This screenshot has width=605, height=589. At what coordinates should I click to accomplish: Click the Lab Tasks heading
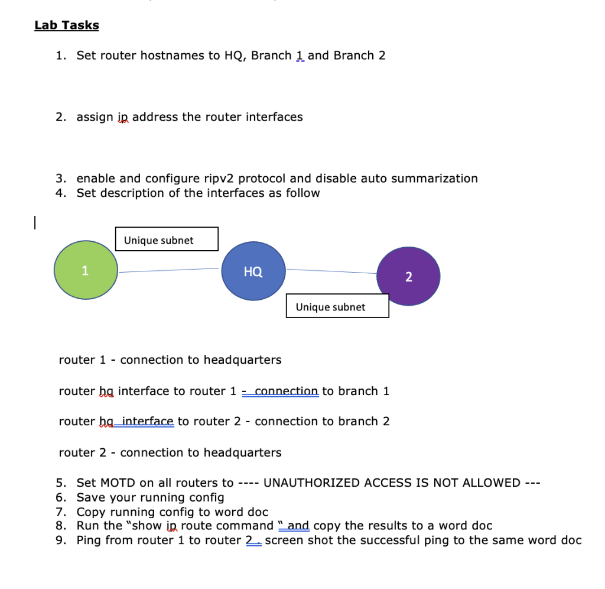pos(67,25)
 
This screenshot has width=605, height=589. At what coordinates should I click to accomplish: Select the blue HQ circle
pos(253,272)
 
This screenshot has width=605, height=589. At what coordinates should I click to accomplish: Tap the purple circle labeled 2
pos(408,277)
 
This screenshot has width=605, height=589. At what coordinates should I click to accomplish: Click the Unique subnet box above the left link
pos(167,240)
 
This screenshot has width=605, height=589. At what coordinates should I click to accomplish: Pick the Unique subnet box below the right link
pos(337,306)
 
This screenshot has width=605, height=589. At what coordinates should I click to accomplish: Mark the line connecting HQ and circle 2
pos(331,271)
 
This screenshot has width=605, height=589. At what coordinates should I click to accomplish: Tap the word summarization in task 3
pos(440,179)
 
